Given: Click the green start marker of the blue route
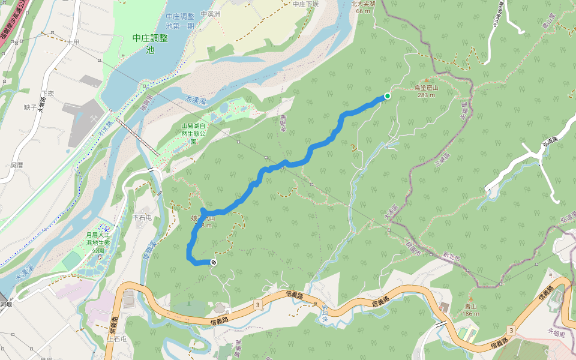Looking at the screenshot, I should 388,96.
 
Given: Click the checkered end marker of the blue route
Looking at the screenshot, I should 213,262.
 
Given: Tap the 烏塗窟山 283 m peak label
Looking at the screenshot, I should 427,91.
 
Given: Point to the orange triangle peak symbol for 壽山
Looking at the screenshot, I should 471,299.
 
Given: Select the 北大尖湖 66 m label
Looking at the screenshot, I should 363,7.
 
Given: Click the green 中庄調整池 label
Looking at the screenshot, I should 149,43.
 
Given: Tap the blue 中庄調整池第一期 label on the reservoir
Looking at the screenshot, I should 179,22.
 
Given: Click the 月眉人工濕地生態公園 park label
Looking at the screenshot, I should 98,242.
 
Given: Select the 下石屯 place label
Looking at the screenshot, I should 142,216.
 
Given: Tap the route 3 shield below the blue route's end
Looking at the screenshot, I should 257,305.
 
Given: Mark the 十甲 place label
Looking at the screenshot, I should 73,42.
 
